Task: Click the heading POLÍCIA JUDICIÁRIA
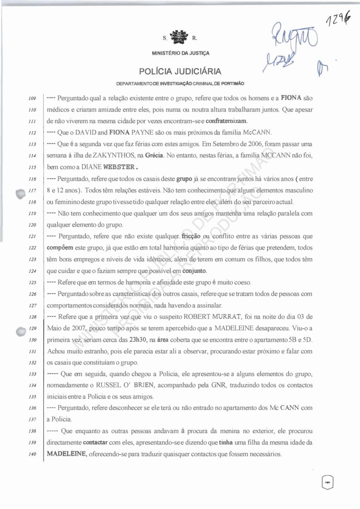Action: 180,72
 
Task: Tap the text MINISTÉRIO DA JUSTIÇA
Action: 180,53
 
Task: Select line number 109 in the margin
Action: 33,98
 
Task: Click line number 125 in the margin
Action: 33,282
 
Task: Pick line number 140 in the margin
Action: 33,454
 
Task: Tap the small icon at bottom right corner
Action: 327,482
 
